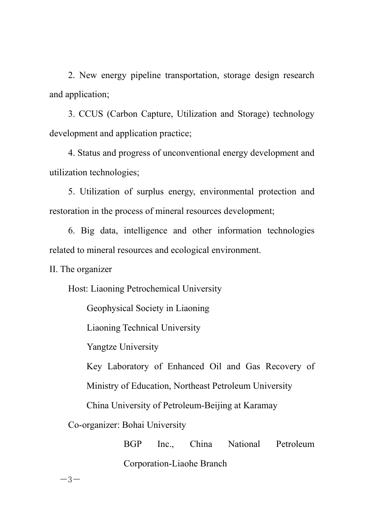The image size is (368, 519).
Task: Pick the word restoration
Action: tap(69, 212)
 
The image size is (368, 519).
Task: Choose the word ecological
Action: tap(193, 251)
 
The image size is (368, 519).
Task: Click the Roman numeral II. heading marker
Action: tap(54, 270)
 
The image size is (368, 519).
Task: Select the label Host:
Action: tap(78, 289)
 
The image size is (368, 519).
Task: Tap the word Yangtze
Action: tap(102, 347)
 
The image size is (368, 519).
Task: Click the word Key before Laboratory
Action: tap(94, 367)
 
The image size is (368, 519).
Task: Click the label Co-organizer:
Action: tap(94, 425)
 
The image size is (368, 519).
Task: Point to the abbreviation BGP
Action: tap(133, 445)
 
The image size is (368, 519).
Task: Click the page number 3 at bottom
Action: tap(70, 480)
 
